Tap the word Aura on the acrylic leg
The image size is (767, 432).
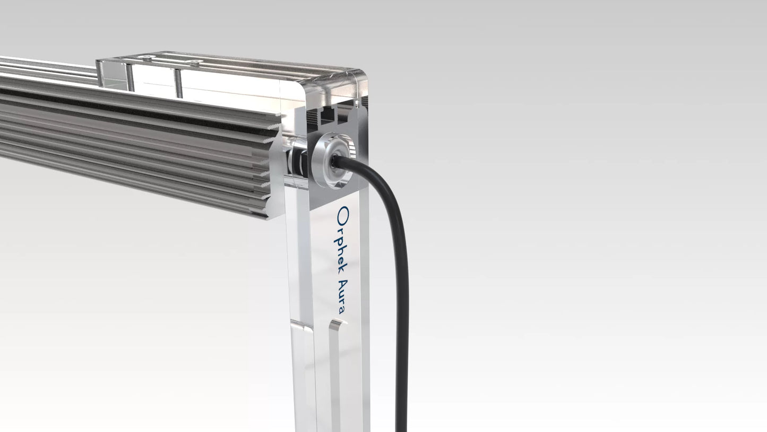(341, 297)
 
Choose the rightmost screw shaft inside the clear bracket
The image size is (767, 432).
(178, 83)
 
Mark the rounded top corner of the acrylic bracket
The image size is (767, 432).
(361, 74)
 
